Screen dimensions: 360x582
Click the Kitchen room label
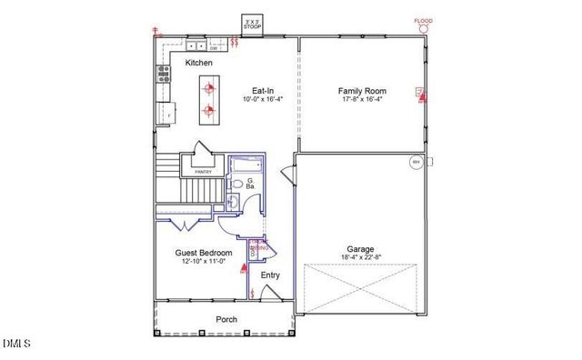tap(199, 63)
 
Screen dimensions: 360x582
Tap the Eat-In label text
tap(264, 90)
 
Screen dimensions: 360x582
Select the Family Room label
tap(361, 90)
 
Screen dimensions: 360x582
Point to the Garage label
tap(360, 248)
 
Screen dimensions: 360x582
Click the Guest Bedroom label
tap(203, 253)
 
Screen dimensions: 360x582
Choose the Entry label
tap(270, 275)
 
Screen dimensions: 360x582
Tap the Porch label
tap(226, 319)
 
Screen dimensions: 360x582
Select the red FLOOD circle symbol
tap(423, 28)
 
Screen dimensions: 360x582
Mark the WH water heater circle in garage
tap(416, 162)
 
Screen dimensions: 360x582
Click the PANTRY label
tap(203, 170)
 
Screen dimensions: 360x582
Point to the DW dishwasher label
tap(186, 48)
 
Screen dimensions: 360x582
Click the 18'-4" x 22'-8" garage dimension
tap(360, 258)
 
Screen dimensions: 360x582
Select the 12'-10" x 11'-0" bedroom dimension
tap(203, 263)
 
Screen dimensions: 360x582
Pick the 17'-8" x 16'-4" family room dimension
tap(361, 100)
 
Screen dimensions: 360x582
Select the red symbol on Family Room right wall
tap(420, 92)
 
